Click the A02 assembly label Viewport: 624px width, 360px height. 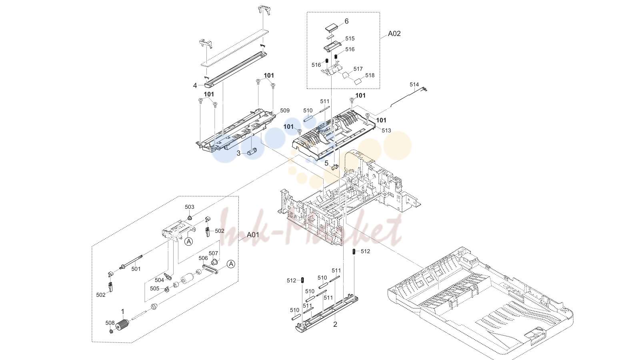coord(394,34)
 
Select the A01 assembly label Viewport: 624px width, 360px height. coord(253,235)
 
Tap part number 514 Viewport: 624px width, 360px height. coord(414,84)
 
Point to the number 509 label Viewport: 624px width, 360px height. coord(285,111)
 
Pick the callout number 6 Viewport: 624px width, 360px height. coord(346,21)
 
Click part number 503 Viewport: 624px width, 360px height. coord(190,207)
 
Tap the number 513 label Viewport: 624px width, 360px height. coord(386,130)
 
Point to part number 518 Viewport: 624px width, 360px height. coord(370,75)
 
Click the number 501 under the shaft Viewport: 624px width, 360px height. coord(136,269)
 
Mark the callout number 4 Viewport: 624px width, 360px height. coord(195,86)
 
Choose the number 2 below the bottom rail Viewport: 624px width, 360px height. coord(335,324)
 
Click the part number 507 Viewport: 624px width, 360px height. coord(213,253)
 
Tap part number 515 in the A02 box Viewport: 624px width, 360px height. coord(350,38)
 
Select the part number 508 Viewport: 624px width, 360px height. coord(110,323)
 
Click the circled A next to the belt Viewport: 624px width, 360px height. coord(231,264)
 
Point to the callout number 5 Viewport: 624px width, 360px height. coord(326,163)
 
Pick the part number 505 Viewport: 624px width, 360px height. coord(155,288)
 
